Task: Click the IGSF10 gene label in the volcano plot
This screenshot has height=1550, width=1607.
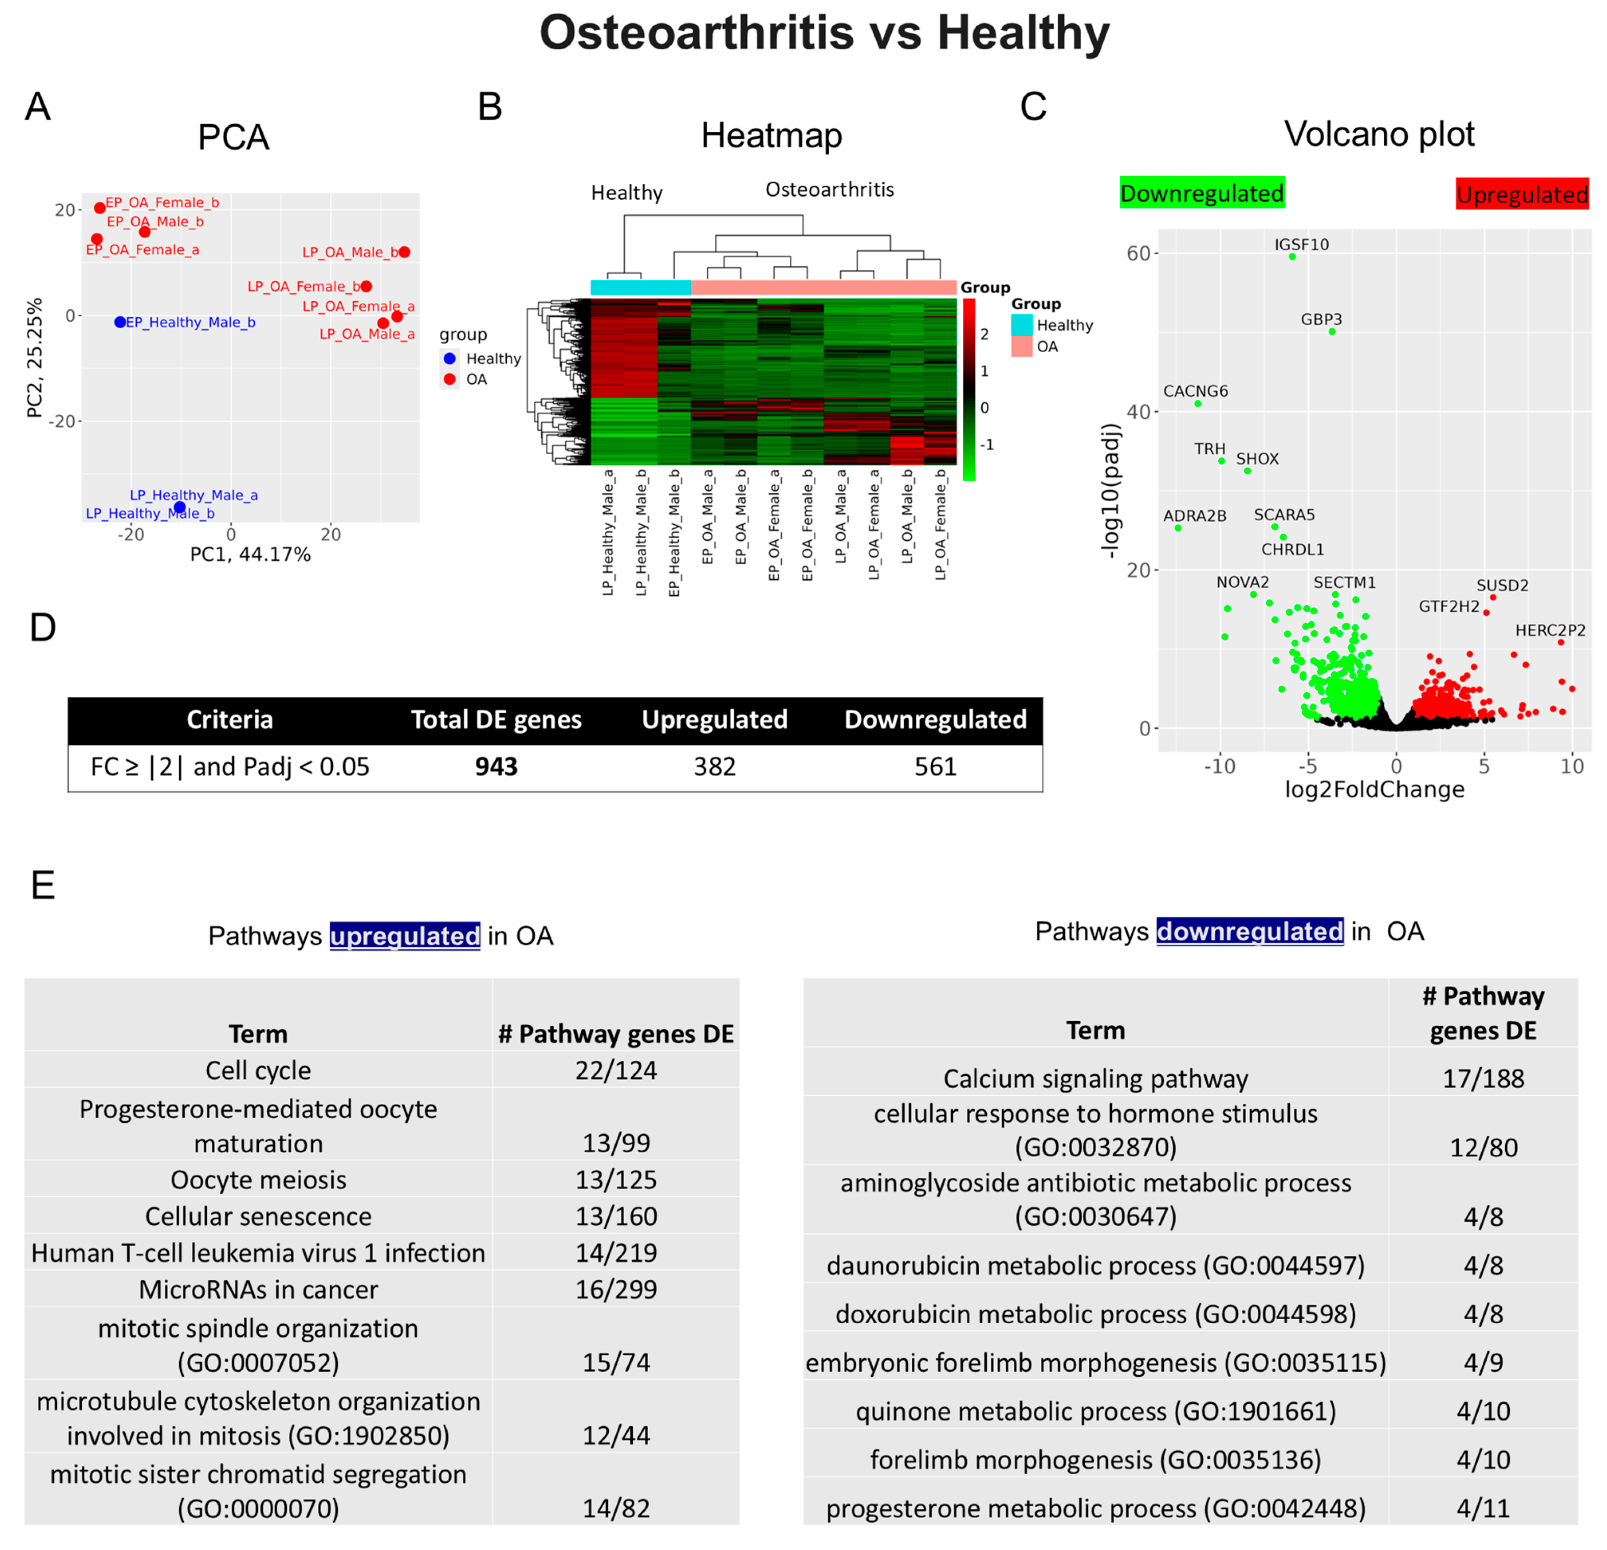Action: pos(1301,244)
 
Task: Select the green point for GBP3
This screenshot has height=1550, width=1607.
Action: pos(1332,331)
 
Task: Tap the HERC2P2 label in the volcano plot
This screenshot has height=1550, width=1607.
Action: pos(1550,630)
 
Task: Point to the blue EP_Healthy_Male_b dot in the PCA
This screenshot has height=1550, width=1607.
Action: pos(120,322)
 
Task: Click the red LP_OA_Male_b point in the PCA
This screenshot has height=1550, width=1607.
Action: pos(404,252)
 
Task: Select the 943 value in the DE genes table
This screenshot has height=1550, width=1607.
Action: pos(496,766)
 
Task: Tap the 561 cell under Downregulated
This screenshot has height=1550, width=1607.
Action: pos(936,766)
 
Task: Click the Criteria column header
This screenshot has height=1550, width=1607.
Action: pos(230,720)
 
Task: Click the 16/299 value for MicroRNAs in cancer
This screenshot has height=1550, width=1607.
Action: pos(616,1289)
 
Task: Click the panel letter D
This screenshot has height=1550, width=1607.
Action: pos(43,628)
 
